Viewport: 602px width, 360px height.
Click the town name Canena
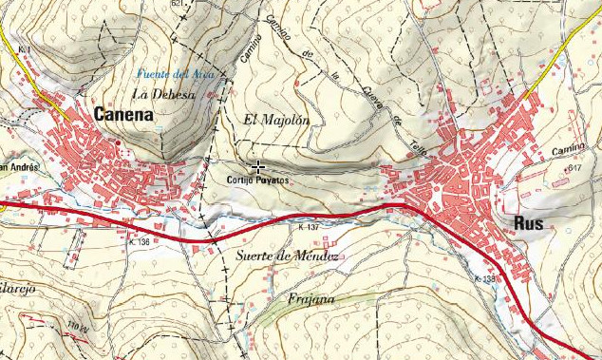click(x=123, y=115)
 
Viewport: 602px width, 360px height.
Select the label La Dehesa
click(x=163, y=93)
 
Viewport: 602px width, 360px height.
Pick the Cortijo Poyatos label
click(x=257, y=180)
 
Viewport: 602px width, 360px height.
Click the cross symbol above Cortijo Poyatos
click(x=258, y=166)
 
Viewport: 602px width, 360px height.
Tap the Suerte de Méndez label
click(x=283, y=257)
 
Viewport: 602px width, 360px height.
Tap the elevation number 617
click(x=574, y=168)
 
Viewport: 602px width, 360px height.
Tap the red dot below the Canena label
click(x=117, y=143)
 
